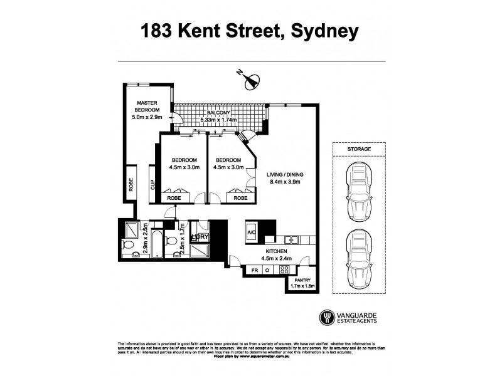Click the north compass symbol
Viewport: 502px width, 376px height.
click(251, 80)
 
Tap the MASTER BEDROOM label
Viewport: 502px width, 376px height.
click(147, 107)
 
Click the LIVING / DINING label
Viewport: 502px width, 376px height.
click(286, 178)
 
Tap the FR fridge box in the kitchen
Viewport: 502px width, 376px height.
click(255, 269)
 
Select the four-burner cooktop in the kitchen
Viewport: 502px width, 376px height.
click(284, 269)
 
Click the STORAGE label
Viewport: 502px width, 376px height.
click(360, 149)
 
